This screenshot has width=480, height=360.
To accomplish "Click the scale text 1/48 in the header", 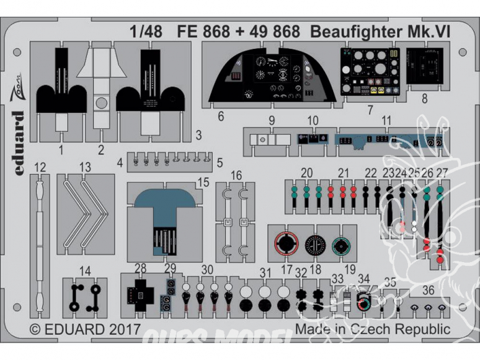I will [x=146, y=32].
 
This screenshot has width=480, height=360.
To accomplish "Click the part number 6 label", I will [x=221, y=116].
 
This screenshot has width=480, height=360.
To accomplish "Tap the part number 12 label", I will [x=40, y=167].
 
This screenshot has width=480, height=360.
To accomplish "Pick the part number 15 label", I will [x=203, y=182].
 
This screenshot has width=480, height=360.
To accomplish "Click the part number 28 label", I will [x=140, y=266].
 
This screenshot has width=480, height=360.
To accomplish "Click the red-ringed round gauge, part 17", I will [x=286, y=244].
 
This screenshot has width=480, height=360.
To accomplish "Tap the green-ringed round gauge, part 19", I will [x=340, y=246].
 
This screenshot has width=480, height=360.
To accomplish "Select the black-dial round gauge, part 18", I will [x=314, y=245].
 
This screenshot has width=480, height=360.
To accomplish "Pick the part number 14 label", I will [x=86, y=270].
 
